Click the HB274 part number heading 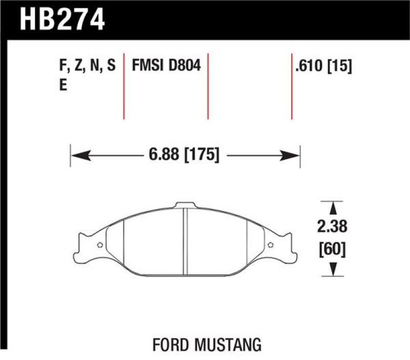click(x=62, y=19)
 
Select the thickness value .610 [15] click(x=323, y=66)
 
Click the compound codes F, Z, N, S click(x=88, y=66)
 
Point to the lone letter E click(x=63, y=86)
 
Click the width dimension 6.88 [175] click(x=184, y=154)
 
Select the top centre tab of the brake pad click(x=184, y=205)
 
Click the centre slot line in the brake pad click(x=185, y=241)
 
